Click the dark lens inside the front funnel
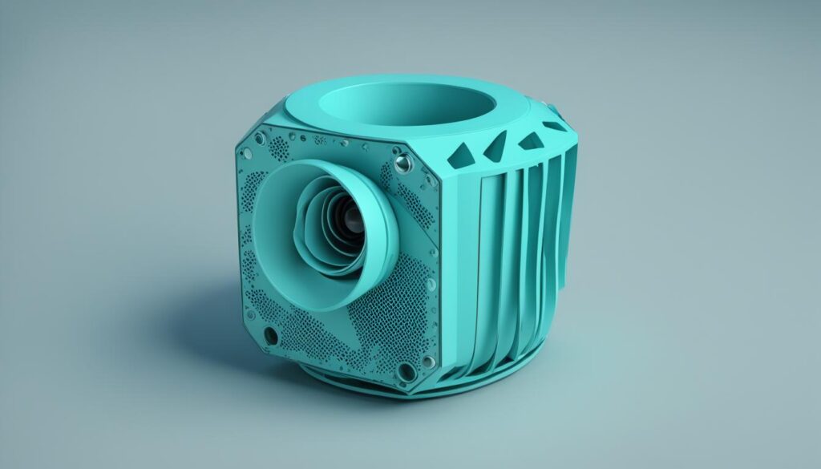tap(350, 217)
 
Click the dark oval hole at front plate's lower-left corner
tap(270, 335)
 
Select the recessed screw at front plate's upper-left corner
tap(259, 139)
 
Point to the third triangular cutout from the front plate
tap(530, 142)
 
